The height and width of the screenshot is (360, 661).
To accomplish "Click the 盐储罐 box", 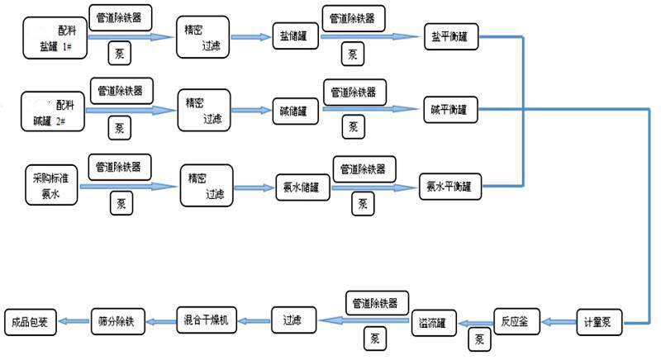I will (x=296, y=38).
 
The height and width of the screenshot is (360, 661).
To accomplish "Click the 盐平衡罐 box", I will (x=449, y=37).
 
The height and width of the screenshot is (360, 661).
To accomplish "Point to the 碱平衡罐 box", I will (x=449, y=109).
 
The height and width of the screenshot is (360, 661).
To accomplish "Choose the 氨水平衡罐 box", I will (x=450, y=186).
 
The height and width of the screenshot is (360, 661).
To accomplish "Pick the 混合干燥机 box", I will (x=207, y=319).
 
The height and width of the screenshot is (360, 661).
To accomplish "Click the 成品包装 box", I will (x=31, y=321).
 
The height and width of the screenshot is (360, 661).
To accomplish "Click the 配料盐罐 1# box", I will (x=55, y=38).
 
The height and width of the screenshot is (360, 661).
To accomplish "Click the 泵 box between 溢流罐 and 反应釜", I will (x=478, y=338).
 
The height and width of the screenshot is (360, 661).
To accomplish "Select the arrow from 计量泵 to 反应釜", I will (x=559, y=321).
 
